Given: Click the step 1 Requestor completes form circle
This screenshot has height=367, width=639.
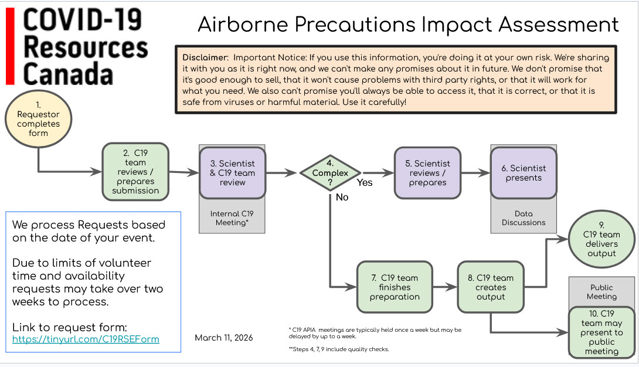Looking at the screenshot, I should click(x=38, y=119).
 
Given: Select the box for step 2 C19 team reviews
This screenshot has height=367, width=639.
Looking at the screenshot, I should click(x=135, y=172).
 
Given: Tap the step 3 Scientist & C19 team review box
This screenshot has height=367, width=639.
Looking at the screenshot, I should click(x=232, y=173).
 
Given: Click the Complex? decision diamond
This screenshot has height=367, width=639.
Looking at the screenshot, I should click(x=329, y=173).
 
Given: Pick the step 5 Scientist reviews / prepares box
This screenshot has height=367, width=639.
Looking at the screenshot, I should click(x=427, y=173).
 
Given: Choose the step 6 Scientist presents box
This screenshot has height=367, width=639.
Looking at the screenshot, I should click(x=524, y=173).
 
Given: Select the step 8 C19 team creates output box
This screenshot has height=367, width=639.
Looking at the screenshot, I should click(x=491, y=287).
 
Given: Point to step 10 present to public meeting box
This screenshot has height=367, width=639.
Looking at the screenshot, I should click(x=601, y=332).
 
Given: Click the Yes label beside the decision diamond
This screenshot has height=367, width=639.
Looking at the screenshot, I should click(x=365, y=182).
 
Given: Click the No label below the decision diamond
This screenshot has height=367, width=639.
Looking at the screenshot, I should click(x=342, y=198).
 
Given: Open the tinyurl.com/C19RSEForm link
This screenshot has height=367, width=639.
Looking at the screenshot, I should click(x=86, y=339).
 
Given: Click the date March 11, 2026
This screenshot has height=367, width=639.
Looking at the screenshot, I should click(x=224, y=338).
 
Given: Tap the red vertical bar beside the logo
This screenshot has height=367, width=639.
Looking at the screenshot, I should click(x=9, y=47).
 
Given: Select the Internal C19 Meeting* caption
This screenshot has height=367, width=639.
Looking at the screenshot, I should click(x=232, y=218).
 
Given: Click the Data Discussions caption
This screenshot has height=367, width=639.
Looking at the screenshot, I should click(x=524, y=218).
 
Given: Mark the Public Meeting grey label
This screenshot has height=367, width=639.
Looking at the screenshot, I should click(x=601, y=292).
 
